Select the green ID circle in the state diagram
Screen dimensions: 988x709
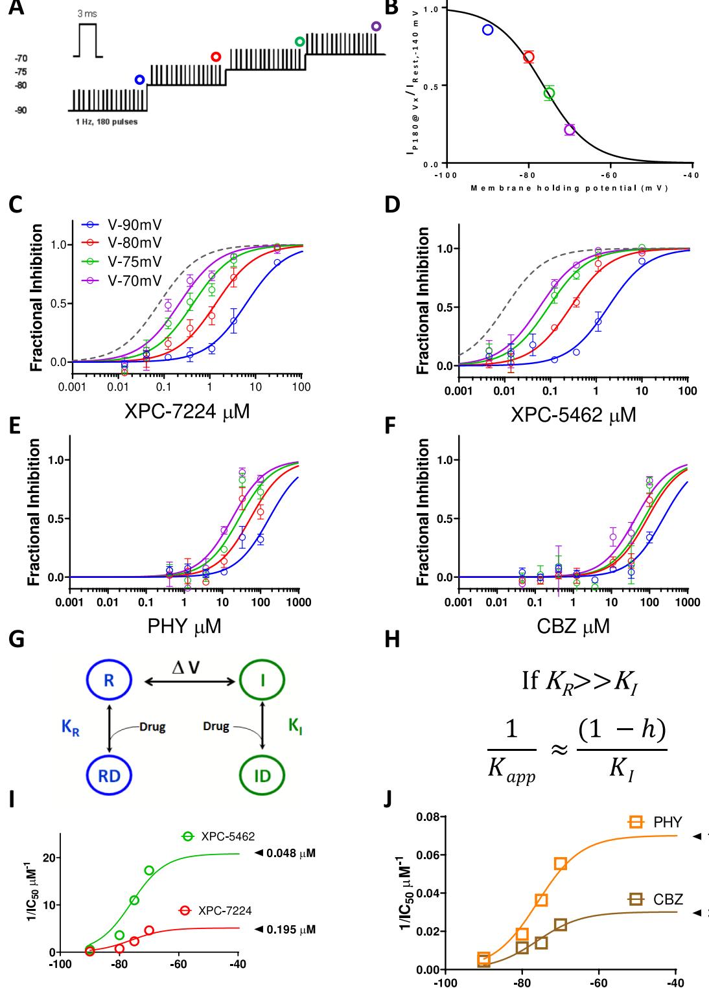262,775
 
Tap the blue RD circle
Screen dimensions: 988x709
110,775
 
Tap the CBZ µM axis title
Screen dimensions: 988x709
573,626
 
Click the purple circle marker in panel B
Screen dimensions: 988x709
570,130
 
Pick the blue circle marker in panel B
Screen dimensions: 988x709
488,30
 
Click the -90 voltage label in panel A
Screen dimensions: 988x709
21,110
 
